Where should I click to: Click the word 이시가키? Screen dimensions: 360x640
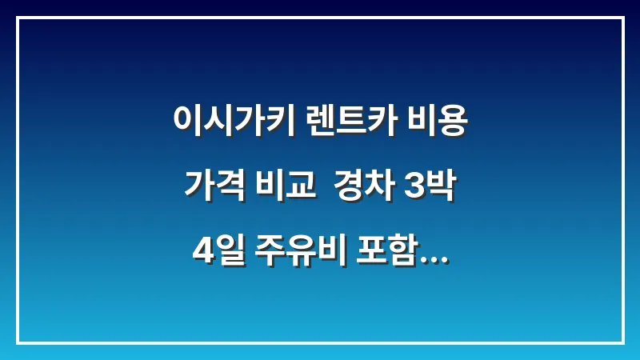pyautogui.click(x=236, y=122)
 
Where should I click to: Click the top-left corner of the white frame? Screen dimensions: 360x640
pyautogui.click(x=18, y=18)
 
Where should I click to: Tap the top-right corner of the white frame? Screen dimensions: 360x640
pyautogui.click(x=622, y=18)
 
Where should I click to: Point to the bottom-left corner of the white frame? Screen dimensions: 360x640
pyautogui.click(x=18, y=342)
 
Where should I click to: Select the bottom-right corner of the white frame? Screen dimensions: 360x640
pyautogui.click(x=622, y=342)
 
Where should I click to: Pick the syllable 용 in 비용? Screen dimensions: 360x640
pyautogui.click(x=453, y=122)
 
